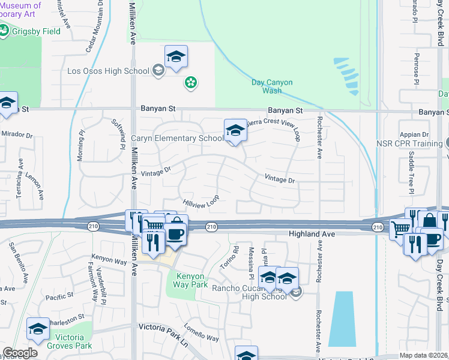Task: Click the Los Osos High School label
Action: tap(108, 71)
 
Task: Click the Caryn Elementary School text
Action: tap(177, 138)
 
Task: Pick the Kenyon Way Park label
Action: tap(191, 280)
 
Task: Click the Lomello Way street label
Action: tap(201, 334)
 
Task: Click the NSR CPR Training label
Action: tap(411, 144)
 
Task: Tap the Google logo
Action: tap(20, 353)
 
